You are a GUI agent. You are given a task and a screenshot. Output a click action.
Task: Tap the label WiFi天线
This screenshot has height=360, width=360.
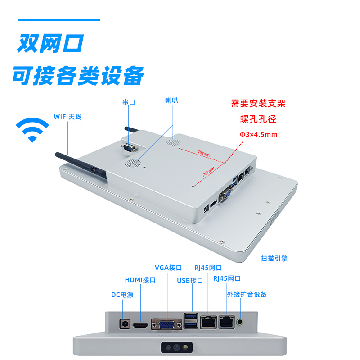tap(67, 117)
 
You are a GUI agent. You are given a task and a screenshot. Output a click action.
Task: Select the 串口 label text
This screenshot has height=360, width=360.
tap(129, 102)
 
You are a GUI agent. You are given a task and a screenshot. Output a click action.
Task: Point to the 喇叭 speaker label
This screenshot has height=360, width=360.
tap(172, 101)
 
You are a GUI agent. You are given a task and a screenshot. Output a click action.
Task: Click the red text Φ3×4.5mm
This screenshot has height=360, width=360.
tap(258, 134)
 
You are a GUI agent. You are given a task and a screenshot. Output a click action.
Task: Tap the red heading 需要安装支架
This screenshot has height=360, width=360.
tap(258, 104)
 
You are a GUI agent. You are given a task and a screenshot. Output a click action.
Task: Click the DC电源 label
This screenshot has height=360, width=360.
tap(122, 295)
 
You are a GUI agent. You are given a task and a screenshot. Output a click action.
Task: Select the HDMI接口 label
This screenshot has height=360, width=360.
tap(140, 280)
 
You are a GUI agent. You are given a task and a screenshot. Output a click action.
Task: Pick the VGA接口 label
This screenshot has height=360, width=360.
tap(168, 268)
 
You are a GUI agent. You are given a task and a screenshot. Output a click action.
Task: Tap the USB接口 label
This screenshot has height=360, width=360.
tap(190, 281)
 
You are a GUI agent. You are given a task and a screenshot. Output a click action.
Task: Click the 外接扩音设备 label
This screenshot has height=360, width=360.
tap(247, 294)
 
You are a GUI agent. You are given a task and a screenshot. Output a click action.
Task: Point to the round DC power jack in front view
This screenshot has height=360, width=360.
tap(123, 323)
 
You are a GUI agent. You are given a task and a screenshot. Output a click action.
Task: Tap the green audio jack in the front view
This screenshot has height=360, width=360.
tap(242, 322)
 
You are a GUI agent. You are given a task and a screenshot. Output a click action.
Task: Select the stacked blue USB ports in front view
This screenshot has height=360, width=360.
tap(190, 321)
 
